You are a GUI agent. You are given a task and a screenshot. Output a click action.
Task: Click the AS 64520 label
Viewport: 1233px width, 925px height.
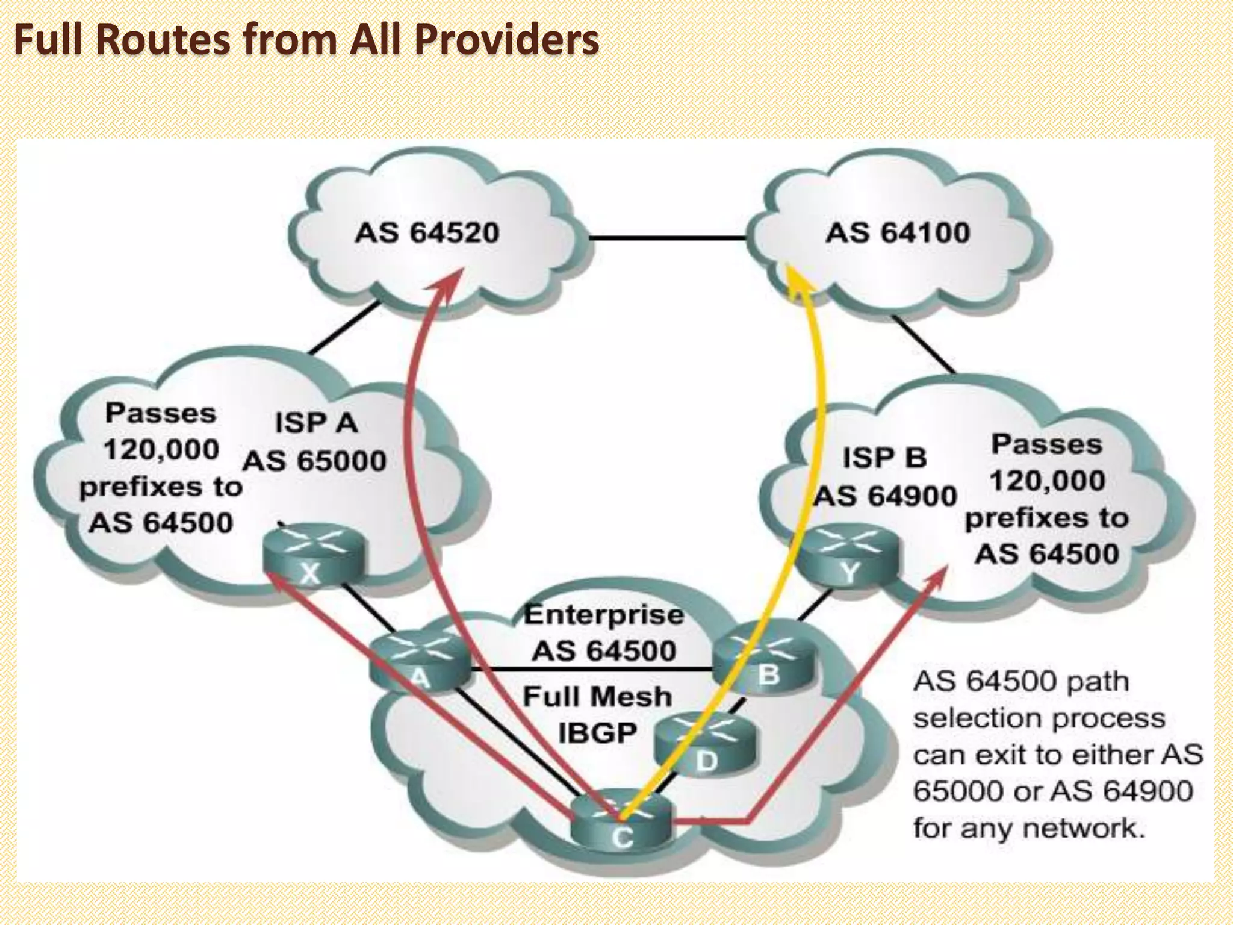(427, 233)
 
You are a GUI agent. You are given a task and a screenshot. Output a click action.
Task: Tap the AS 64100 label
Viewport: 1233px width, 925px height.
(897, 233)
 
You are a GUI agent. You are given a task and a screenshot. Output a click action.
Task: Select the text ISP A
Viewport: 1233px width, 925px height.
(316, 423)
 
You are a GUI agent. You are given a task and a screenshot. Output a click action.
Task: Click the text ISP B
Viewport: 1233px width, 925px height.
(884, 458)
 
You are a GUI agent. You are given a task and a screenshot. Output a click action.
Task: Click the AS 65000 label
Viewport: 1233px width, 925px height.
(314, 461)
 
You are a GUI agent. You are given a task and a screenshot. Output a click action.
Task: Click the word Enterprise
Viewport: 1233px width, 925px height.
(604, 615)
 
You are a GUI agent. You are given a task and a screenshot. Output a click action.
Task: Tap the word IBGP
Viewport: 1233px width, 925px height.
(597, 733)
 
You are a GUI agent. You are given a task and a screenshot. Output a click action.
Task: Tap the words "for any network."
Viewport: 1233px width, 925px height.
(1028, 828)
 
